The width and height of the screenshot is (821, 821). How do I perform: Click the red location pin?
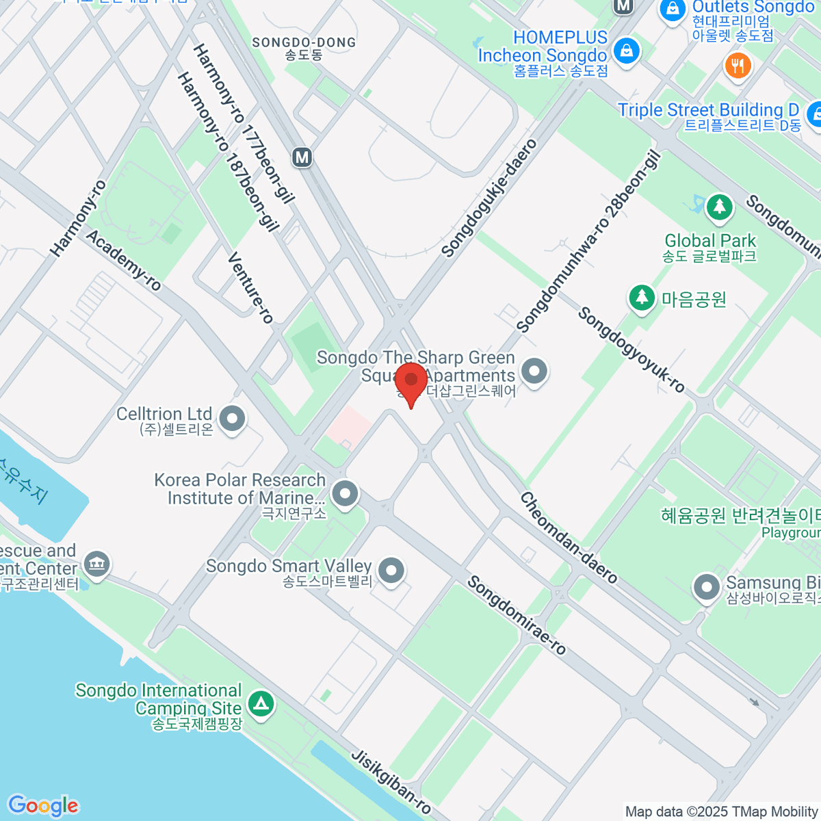point(411,382)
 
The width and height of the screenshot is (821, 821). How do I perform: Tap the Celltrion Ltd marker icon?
point(233,418)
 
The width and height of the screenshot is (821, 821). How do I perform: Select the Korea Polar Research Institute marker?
point(345,493)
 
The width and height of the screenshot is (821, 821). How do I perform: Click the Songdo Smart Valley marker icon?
point(391,570)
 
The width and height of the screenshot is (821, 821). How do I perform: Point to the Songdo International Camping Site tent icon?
point(260,704)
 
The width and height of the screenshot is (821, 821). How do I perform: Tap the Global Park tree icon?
point(718,207)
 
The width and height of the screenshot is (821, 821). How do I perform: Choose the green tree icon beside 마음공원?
point(642,298)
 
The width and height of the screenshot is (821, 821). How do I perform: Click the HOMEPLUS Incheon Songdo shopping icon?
point(626,51)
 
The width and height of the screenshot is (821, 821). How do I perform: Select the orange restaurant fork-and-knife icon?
point(738,66)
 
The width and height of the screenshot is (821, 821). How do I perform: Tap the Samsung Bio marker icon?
point(706,587)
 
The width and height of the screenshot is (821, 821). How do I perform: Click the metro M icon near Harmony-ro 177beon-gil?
point(302,157)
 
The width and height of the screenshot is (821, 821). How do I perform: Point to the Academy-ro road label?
point(124,260)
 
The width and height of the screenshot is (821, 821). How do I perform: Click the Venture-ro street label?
point(250,287)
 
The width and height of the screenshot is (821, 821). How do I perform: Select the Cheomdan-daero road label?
point(569,538)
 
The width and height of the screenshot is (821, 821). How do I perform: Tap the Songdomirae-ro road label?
point(517,615)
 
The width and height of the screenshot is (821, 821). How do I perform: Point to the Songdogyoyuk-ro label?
point(631,350)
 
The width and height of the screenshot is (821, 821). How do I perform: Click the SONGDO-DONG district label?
point(304,42)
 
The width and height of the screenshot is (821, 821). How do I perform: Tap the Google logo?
point(43,806)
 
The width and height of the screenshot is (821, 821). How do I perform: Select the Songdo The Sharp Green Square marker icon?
point(534,372)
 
